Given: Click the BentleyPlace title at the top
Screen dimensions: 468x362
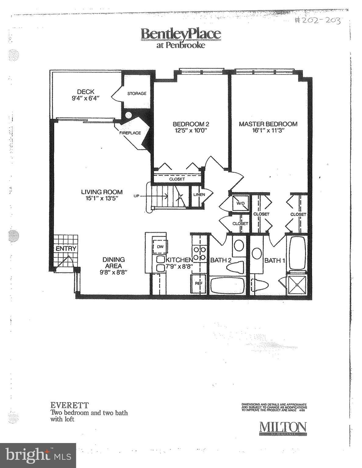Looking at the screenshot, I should pos(181,34).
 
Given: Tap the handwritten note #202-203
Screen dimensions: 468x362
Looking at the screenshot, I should pos(317,21).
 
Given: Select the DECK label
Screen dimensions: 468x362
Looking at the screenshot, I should pos(85,91).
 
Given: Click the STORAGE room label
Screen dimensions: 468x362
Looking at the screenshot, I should pos(137,94).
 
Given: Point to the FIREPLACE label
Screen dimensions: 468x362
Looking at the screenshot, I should pos(130,133).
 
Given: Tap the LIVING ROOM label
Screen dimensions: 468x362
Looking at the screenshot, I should pos(102,192).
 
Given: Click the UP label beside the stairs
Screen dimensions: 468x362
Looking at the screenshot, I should pos(136,196).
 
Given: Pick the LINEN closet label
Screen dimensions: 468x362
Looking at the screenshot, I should pos(199,195).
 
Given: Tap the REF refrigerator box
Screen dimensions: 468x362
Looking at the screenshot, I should pos(199,283).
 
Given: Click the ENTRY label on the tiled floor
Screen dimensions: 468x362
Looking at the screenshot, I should pos(66,249).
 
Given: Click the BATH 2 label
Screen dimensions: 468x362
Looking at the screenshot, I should pos(221,260).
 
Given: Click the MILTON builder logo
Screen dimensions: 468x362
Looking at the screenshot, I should pos(283,428).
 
